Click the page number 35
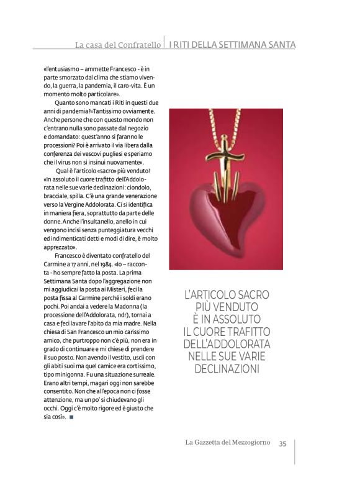(282, 443)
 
